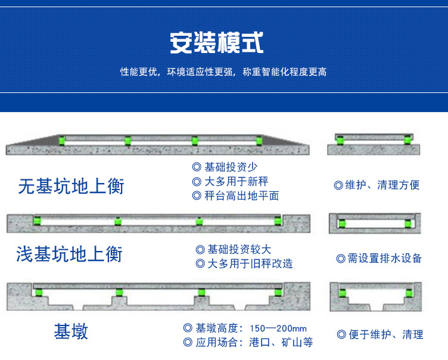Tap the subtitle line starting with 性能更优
click(x=223, y=72)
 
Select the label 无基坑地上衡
click(x=71, y=186)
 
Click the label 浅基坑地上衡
click(x=69, y=255)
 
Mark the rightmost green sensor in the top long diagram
click(x=259, y=141)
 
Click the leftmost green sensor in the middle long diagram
click(x=37, y=221)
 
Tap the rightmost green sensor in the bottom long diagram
click(x=278, y=292)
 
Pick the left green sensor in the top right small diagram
click(x=340, y=141)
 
